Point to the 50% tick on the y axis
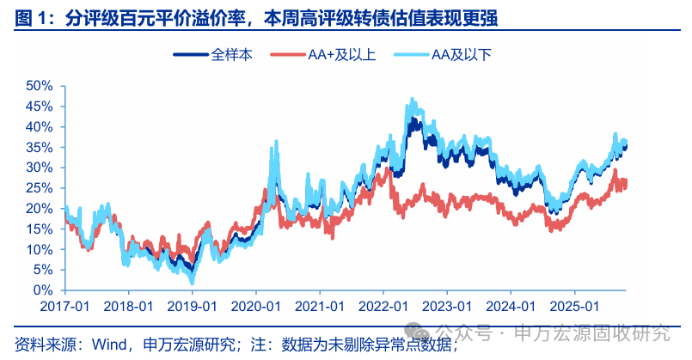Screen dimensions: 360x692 pos(40,86)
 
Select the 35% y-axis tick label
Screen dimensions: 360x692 pos(40,147)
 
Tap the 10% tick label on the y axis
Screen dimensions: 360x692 pos(40,249)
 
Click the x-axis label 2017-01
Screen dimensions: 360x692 pos(64,306)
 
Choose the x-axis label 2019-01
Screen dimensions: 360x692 pos(193,306)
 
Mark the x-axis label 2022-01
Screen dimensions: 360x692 pos(384,306)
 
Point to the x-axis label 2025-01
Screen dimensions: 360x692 pos(576,306)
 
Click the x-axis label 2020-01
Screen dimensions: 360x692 pos(256,306)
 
